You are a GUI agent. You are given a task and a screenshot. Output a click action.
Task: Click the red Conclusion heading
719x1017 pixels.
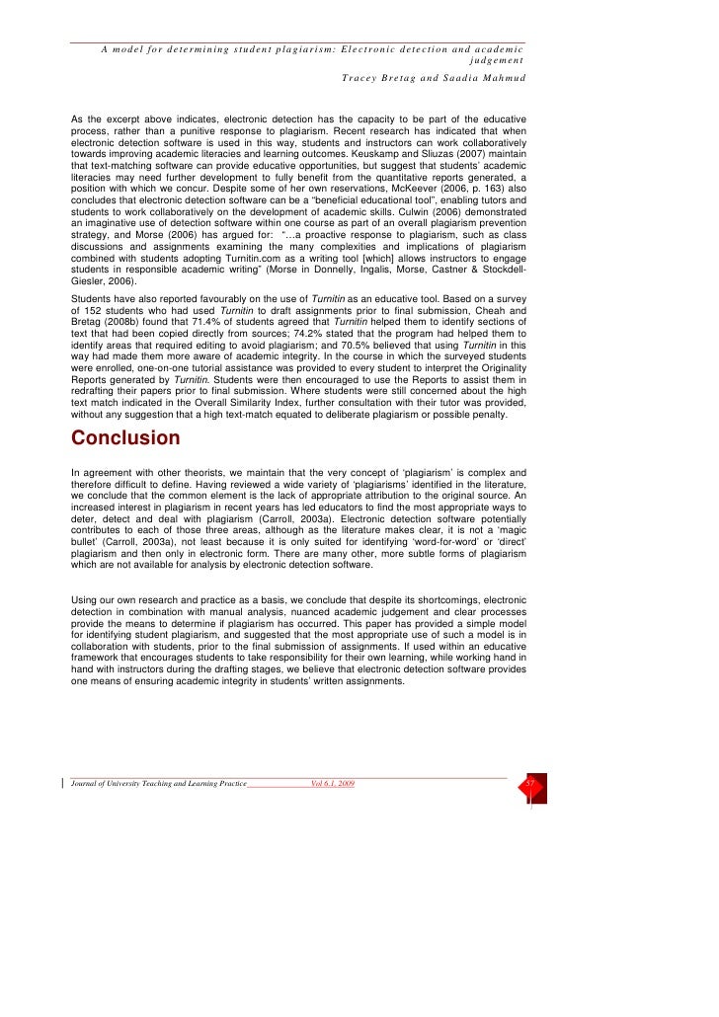125,437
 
